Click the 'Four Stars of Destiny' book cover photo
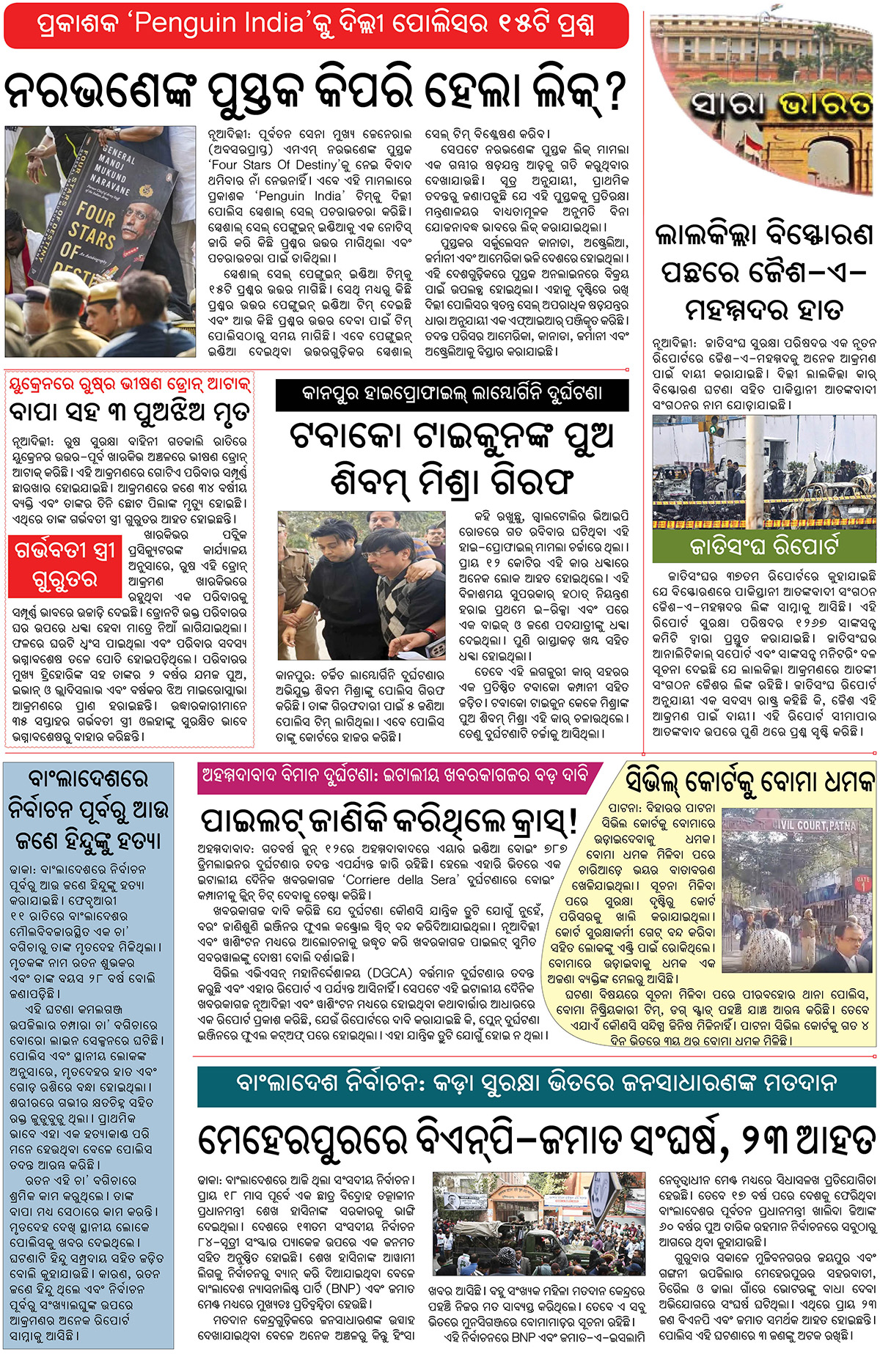pyautogui.click(x=100, y=240)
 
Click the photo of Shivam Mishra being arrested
pyautogui.click(x=361, y=586)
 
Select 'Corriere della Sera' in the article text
pyautogui.click(x=401, y=880)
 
